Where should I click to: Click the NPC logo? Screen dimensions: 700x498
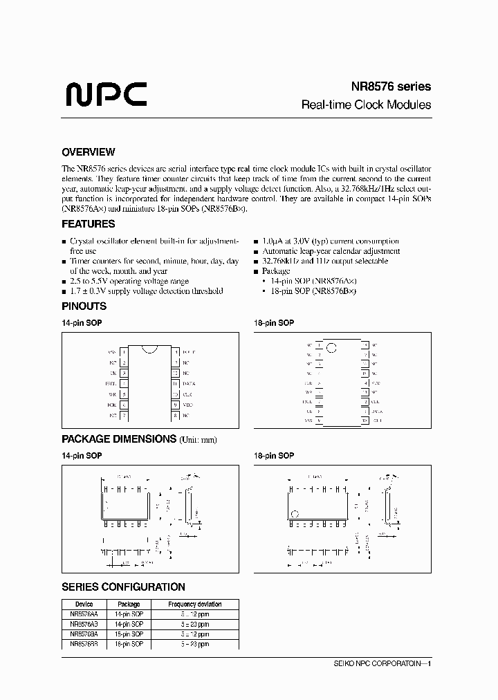tap(106, 94)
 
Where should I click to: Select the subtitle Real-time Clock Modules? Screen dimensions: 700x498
tap(366, 105)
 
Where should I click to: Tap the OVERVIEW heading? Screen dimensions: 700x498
tap(88, 152)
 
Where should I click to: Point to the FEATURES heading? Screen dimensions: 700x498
tap(88, 224)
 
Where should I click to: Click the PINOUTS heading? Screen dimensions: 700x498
tap(84, 306)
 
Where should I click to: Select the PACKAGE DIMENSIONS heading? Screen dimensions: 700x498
tap(119, 439)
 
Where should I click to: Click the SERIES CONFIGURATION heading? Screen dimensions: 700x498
tap(123, 587)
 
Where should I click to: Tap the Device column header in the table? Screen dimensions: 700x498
tap(84, 604)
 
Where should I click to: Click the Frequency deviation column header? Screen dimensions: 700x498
tap(195, 604)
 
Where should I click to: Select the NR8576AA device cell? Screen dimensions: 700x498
tap(84, 614)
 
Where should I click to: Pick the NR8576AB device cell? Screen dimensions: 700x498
tap(84, 624)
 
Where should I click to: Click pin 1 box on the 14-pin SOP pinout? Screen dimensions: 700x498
tap(124, 351)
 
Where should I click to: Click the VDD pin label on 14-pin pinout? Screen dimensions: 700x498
tap(189, 405)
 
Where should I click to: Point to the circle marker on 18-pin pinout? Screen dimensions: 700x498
tap(331, 347)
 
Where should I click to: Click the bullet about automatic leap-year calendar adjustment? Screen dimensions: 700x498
tap(331, 251)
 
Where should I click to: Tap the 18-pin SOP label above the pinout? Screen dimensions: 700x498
tap(275, 323)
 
